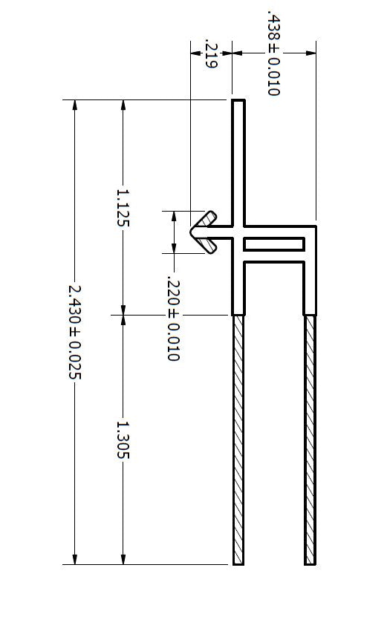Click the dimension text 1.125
pyautogui.click(x=123, y=207)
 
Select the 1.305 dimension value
pyautogui.click(x=123, y=439)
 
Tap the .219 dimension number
pyautogui.click(x=210, y=56)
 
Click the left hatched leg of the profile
pyautogui.click(x=238, y=438)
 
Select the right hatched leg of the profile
pyautogui.click(x=310, y=438)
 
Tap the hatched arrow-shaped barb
pyautogui.click(x=202, y=232)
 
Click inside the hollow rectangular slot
pyautogui.click(x=273, y=244)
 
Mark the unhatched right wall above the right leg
pyautogui.click(x=310, y=286)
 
